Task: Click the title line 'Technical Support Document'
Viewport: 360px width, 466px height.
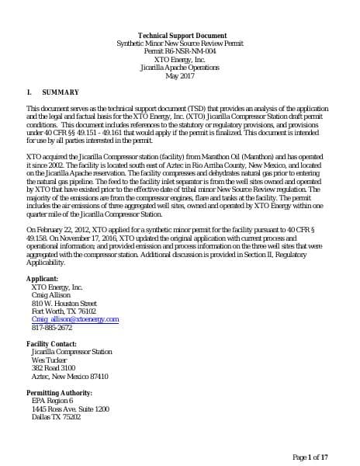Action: (182, 36)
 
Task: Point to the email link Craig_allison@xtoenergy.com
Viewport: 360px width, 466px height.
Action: (74, 319)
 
